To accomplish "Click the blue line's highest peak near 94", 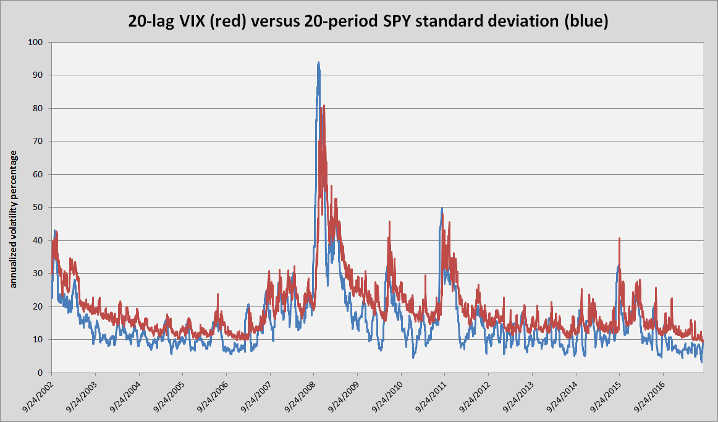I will (318, 62).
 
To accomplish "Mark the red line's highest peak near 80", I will (324, 106).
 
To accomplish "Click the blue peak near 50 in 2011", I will (442, 208).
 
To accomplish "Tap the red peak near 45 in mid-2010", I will (389, 222).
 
